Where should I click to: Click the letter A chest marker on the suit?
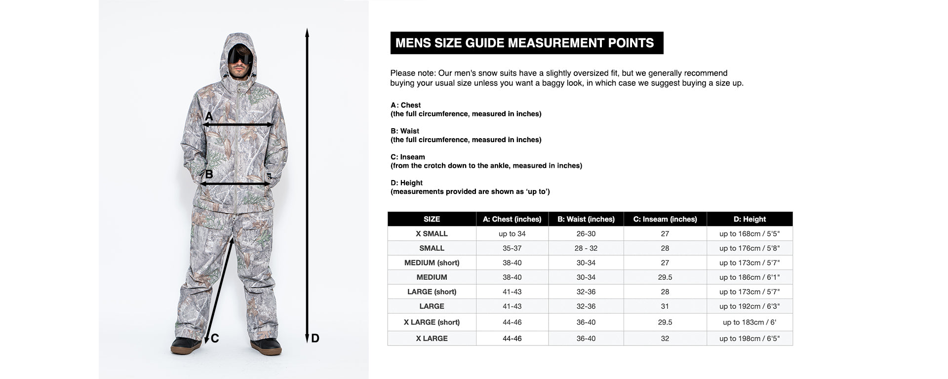coord(209,116)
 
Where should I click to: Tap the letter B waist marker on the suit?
coord(209,174)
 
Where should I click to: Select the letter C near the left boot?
coord(215,339)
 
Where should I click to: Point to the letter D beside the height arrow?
coord(315,339)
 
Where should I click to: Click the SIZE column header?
coord(432,219)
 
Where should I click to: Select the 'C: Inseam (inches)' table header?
coord(665,219)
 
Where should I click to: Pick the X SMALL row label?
coord(432,233)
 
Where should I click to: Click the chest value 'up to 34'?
coord(512,233)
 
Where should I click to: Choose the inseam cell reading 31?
coord(665,306)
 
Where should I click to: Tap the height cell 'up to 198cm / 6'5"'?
coord(749,339)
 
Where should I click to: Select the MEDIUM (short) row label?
coord(432,263)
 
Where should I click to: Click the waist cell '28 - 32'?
coord(586,248)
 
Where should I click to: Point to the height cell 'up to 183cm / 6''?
coord(749,322)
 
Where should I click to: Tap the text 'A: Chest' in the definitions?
coord(405,105)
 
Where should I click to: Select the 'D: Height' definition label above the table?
coord(406,183)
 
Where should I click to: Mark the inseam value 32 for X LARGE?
coord(665,339)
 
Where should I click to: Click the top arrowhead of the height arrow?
coord(307,33)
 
